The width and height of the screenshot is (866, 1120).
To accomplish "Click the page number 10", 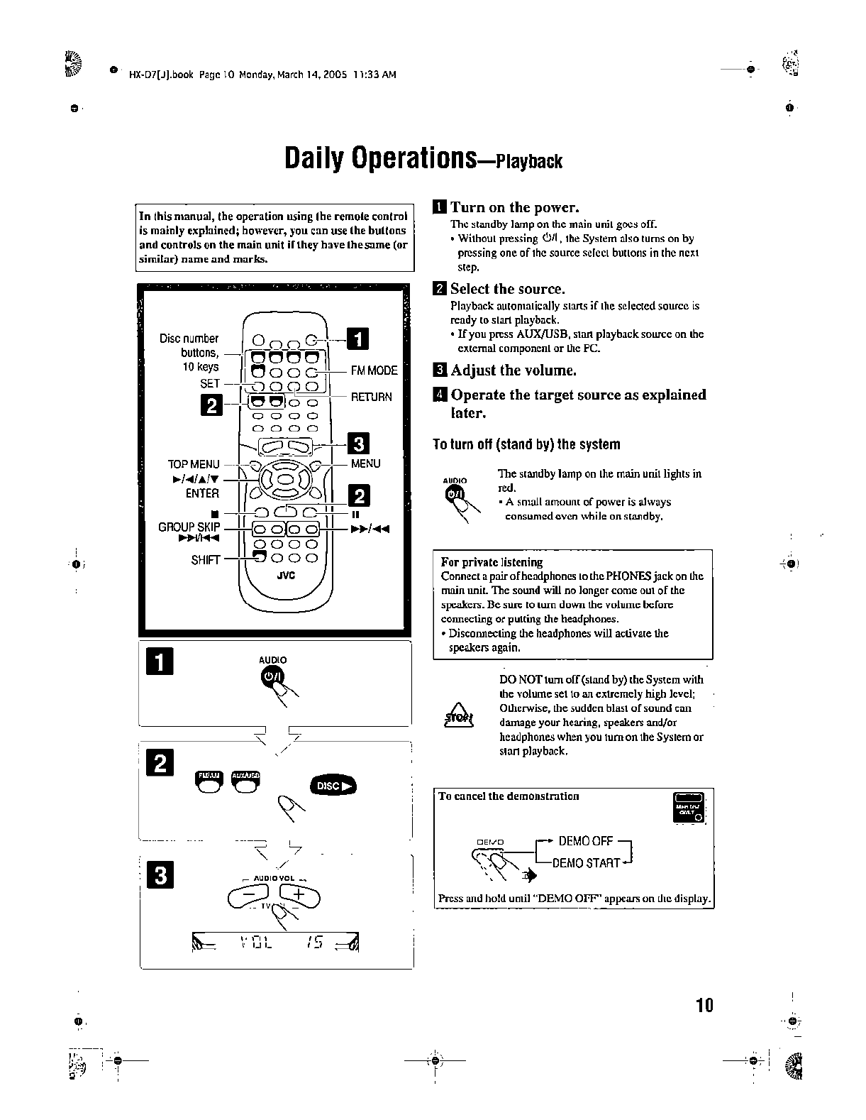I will coord(704,1005).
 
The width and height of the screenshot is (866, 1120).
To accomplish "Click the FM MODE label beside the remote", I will coord(374,370).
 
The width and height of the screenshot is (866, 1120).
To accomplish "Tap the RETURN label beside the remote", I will coord(371,397).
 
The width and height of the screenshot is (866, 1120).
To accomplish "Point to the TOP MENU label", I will coord(194,464).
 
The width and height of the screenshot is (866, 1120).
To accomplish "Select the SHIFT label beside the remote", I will coord(205,559).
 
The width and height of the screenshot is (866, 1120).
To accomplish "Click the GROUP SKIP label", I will coord(189,527).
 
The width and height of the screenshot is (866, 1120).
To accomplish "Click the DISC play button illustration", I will coord(333,786).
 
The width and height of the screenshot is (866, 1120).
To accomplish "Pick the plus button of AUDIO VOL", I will coord(299,896).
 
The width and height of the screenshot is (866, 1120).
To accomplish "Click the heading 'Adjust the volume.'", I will coord(513,370).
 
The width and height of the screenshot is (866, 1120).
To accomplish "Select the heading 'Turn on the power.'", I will coord(514,207).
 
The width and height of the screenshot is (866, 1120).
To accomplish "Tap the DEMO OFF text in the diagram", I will coord(585,841).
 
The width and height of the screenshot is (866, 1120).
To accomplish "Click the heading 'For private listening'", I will coord(492,561).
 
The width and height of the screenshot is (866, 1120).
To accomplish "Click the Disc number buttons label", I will coord(189,339).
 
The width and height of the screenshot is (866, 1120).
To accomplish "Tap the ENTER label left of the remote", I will coord(202,493).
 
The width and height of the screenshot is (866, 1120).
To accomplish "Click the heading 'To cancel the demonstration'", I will coord(509,796).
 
